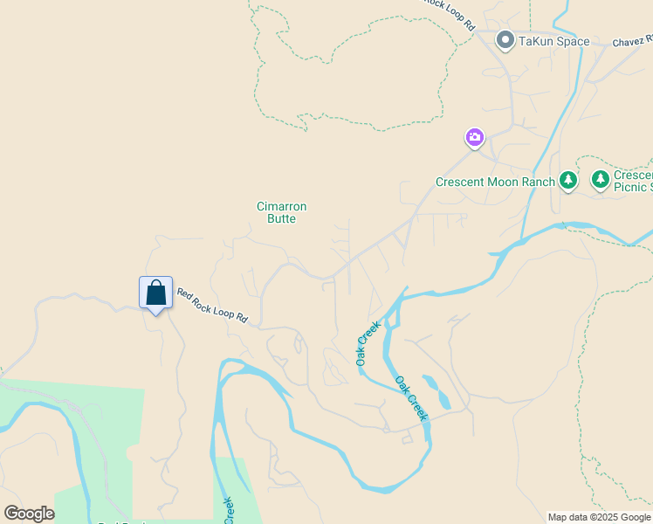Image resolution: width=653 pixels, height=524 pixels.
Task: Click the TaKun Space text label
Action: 555,41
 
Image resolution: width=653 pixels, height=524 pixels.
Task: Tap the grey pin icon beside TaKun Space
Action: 505,40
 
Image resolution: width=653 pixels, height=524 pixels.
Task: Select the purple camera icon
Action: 474,137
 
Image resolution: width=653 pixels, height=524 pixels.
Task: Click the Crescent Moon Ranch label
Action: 495,182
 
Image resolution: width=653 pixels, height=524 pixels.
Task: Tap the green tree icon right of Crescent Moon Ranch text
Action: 568,181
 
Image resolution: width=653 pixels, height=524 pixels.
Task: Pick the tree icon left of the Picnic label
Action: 600,180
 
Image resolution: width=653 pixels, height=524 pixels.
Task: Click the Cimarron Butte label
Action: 281,212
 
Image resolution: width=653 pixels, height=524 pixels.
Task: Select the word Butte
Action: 281,218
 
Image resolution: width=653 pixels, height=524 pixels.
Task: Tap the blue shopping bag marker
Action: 155,293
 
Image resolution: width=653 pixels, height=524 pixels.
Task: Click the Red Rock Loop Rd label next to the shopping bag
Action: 213,307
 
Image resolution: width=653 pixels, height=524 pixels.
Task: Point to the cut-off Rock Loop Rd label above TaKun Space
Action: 450,12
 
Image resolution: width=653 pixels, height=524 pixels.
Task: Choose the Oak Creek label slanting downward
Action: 412,398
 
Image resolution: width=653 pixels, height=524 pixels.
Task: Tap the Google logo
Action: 29,514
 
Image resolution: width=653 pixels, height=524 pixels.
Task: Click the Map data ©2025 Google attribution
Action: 599,517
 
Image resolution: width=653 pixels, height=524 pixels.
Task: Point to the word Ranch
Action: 538,182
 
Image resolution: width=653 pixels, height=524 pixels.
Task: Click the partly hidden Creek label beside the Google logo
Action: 229,511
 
